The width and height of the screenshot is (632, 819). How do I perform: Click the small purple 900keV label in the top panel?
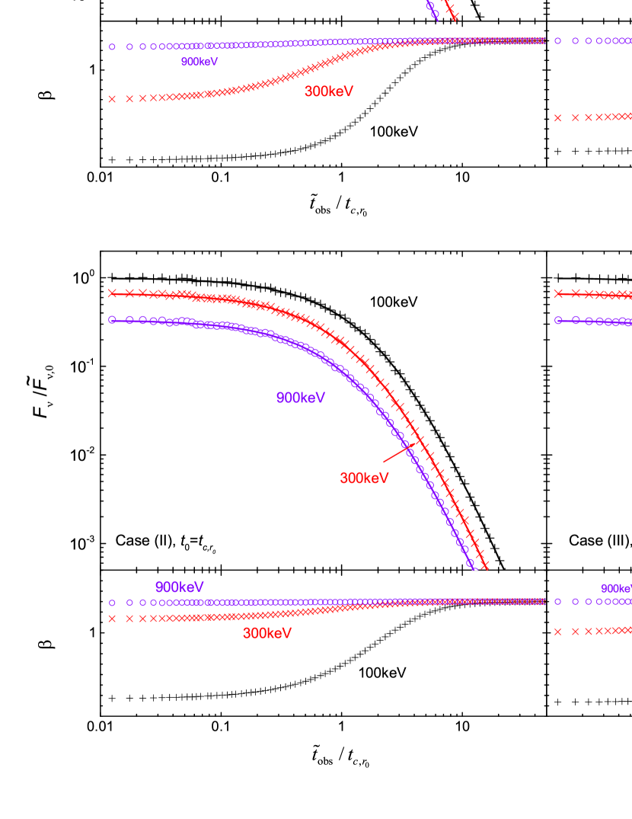(199, 62)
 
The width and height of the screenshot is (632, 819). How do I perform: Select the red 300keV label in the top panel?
(328, 91)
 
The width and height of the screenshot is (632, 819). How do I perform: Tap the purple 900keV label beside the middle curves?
(301, 398)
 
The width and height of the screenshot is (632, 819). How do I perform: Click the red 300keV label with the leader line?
(364, 478)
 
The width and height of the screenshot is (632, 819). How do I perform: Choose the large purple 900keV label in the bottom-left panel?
(179, 587)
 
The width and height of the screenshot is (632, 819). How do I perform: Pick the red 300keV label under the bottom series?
(267, 633)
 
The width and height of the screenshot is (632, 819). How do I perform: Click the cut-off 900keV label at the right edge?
(617, 588)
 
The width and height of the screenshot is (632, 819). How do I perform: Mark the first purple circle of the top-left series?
(112, 46)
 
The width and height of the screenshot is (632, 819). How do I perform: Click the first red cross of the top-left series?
(112, 99)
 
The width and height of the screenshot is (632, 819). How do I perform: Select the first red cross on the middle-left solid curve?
(112, 293)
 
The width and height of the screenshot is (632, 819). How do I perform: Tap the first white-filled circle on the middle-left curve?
(112, 319)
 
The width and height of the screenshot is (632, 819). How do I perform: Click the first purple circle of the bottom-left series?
(112, 603)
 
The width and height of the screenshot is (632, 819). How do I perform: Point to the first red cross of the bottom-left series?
(112, 619)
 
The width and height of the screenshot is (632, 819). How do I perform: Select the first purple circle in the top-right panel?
(557, 40)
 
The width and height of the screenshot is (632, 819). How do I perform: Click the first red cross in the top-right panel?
(557, 118)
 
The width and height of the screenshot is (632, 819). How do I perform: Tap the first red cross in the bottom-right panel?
(557, 632)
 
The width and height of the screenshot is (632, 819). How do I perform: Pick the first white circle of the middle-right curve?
(557, 320)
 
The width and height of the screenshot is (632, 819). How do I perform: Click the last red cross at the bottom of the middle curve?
(484, 565)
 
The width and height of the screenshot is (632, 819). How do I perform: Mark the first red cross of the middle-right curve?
(557, 293)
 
